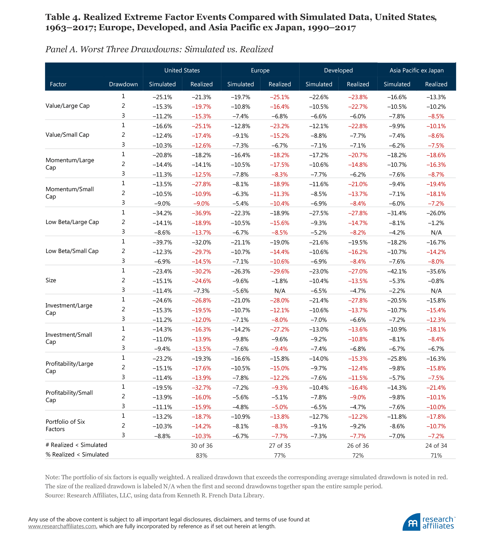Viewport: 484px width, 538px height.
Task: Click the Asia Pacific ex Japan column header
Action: click(x=416, y=70)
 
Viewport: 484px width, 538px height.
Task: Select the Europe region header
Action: click(x=260, y=70)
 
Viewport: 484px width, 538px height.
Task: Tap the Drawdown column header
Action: click(x=123, y=84)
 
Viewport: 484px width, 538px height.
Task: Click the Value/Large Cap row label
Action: click(x=68, y=106)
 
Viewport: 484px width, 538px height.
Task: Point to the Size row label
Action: click(x=51, y=280)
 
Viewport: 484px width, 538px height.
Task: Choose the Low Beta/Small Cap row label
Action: click(x=72, y=251)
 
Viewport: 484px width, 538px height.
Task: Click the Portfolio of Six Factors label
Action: click(x=65, y=425)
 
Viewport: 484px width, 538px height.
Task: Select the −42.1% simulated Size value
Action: click(x=397, y=271)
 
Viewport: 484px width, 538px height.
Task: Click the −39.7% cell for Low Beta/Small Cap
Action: click(x=162, y=242)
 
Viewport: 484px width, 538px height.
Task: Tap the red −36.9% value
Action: click(x=201, y=213)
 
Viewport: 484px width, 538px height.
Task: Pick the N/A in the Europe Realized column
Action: click(x=280, y=291)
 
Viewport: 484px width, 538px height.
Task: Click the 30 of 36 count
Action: click(x=202, y=446)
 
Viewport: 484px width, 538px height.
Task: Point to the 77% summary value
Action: click(x=280, y=456)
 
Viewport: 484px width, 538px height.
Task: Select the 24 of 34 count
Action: click(x=436, y=446)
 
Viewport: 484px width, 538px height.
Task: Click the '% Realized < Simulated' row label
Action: click(x=77, y=455)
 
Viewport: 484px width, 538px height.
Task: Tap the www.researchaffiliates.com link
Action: click(x=62, y=526)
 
